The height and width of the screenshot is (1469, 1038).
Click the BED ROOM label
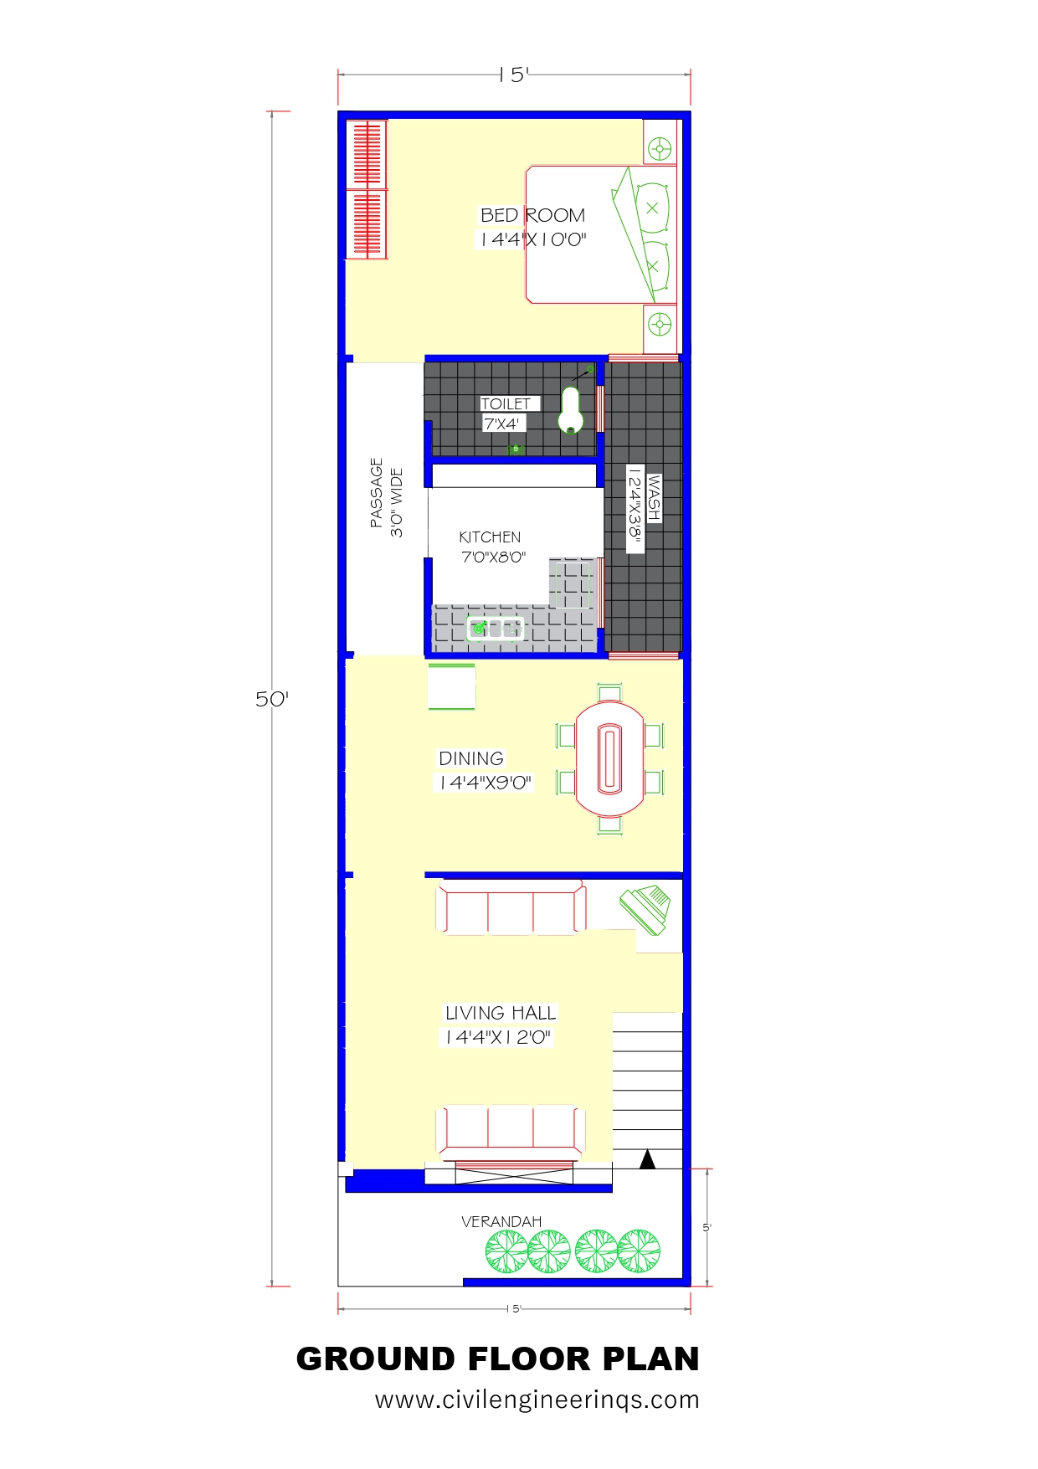tap(532, 215)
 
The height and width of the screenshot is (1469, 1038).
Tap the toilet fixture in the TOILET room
tap(571, 410)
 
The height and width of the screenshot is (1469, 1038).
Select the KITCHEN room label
tap(490, 537)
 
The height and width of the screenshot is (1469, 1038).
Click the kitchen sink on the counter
tap(495, 628)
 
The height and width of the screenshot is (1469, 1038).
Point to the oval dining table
tap(609, 758)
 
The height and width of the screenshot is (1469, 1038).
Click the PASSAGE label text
tap(377, 492)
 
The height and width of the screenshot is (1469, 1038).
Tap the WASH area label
tap(654, 498)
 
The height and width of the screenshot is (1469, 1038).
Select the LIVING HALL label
tap(501, 1013)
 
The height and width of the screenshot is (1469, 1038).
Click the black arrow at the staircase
tap(647, 1159)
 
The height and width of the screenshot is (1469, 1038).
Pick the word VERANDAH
tap(501, 1222)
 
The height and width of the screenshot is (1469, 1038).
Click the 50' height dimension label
tap(272, 699)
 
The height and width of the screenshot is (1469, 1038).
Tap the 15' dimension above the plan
tap(514, 74)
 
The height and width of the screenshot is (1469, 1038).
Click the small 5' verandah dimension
tap(707, 1228)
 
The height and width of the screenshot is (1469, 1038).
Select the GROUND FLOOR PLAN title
tap(498, 1359)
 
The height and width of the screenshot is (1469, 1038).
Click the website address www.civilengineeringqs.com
tap(537, 1400)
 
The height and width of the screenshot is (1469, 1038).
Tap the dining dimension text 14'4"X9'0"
tap(486, 783)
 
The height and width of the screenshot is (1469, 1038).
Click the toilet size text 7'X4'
tap(501, 424)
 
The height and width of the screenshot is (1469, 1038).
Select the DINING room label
tap(471, 758)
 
